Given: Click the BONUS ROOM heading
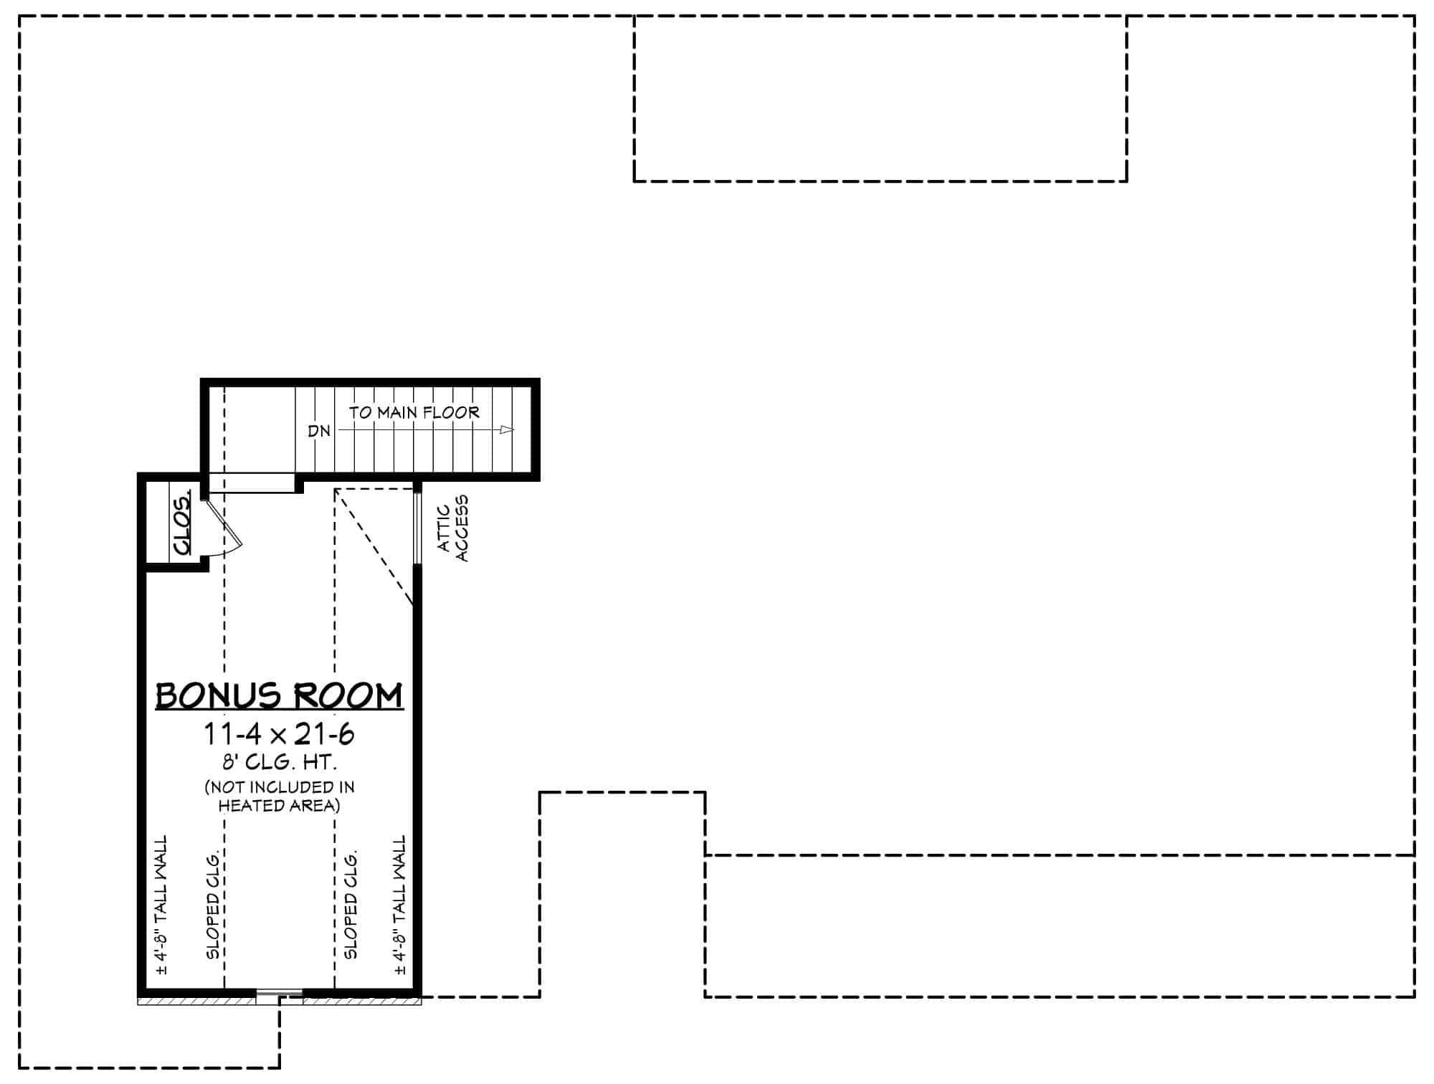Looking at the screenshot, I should pos(279,696).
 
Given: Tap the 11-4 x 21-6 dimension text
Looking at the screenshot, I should pos(279,735).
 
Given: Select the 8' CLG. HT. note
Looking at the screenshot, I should pos(279,761).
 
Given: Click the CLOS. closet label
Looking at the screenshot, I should pos(182,522).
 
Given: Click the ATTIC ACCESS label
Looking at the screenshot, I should pos(452,528).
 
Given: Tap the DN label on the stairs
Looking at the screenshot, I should pos(319,432).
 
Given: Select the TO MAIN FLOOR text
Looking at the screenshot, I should pos(414,413).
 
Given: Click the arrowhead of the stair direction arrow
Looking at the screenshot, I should pos(507,430).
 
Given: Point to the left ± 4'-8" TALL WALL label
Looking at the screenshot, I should pos(161,905).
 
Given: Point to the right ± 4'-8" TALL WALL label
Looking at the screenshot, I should pos(400,905).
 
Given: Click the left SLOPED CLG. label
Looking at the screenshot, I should pos(213,905).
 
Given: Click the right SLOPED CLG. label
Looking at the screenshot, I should pos(351,905).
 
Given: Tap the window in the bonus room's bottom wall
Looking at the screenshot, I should pos(279,994).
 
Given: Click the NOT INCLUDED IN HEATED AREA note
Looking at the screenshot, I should pos(279,797).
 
